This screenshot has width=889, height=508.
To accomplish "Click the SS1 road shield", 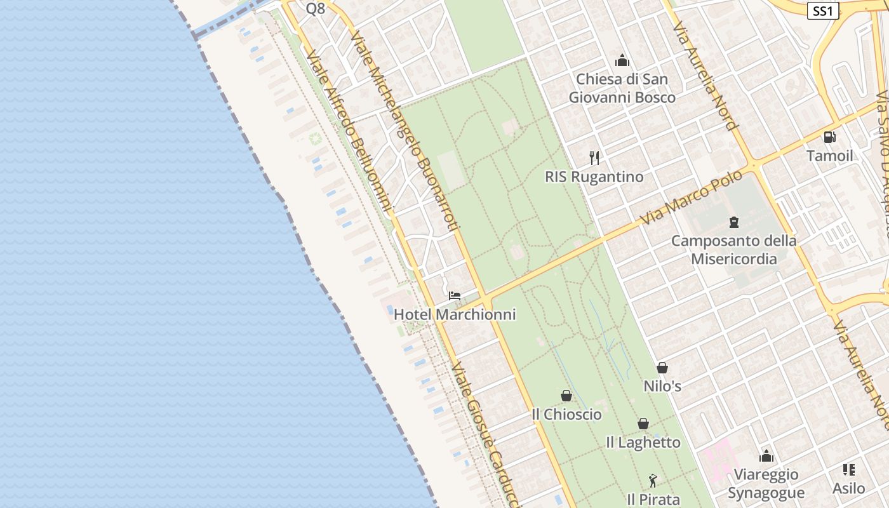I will point(823,10).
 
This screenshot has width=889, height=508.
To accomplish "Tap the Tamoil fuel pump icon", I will point(829,137).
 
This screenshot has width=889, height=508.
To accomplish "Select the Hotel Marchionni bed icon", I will point(455,296).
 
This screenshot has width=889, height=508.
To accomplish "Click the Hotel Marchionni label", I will point(455,314).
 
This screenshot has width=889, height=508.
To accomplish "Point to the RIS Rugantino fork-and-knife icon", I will point(594,158).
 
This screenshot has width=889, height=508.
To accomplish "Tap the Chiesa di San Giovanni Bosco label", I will point(622,88).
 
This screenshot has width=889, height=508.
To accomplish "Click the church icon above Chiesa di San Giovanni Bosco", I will point(622,61).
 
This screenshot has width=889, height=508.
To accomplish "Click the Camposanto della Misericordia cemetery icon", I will point(734,222).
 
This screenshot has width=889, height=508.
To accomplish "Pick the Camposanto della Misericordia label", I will point(734,250).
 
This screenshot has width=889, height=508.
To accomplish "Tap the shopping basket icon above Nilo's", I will point(662,368).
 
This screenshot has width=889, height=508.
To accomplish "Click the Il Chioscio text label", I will point(566,414).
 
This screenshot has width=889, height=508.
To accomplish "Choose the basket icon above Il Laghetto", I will point(643,424).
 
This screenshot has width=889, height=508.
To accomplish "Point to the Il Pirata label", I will point(653,499).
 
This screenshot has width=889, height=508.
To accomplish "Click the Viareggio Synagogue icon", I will point(766,456).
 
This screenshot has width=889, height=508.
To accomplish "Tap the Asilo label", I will point(849,488).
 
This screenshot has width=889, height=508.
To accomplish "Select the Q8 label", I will point(316,9).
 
